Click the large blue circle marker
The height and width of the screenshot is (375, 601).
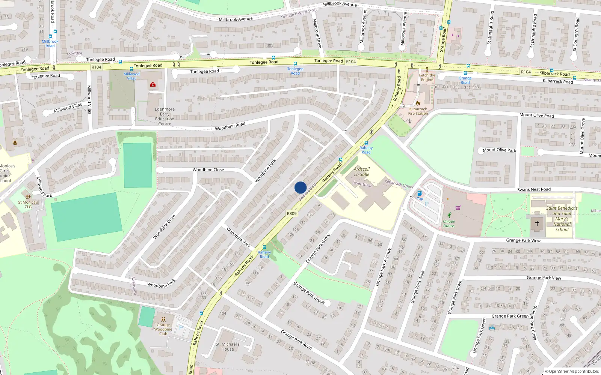(x=300, y=187)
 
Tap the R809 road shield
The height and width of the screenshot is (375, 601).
(x=292, y=213)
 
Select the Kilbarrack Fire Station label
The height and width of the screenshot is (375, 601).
(x=418, y=111)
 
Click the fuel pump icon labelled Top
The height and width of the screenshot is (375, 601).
(x=420, y=193)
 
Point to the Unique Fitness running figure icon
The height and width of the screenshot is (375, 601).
(x=449, y=215)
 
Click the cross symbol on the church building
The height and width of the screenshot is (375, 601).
(x=537, y=223)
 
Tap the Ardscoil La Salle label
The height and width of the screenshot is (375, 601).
(x=362, y=172)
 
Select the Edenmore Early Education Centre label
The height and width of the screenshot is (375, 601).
(x=165, y=116)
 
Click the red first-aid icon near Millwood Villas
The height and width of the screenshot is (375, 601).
(x=153, y=85)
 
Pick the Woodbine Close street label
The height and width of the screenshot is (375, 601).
(x=208, y=170)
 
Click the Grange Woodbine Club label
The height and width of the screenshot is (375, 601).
(x=163, y=329)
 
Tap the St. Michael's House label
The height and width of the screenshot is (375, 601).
(x=228, y=346)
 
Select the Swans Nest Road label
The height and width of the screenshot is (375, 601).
(x=534, y=189)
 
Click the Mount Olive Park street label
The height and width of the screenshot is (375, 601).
(x=499, y=150)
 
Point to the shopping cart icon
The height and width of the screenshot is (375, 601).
(x=458, y=207)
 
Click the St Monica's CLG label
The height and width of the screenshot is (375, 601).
(x=28, y=204)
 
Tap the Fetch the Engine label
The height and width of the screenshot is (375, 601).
(x=427, y=77)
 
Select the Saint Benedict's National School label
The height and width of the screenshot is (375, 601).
(x=562, y=219)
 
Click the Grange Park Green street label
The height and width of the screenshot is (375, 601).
(x=510, y=316)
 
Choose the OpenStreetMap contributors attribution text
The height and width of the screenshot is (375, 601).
(x=572, y=371)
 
